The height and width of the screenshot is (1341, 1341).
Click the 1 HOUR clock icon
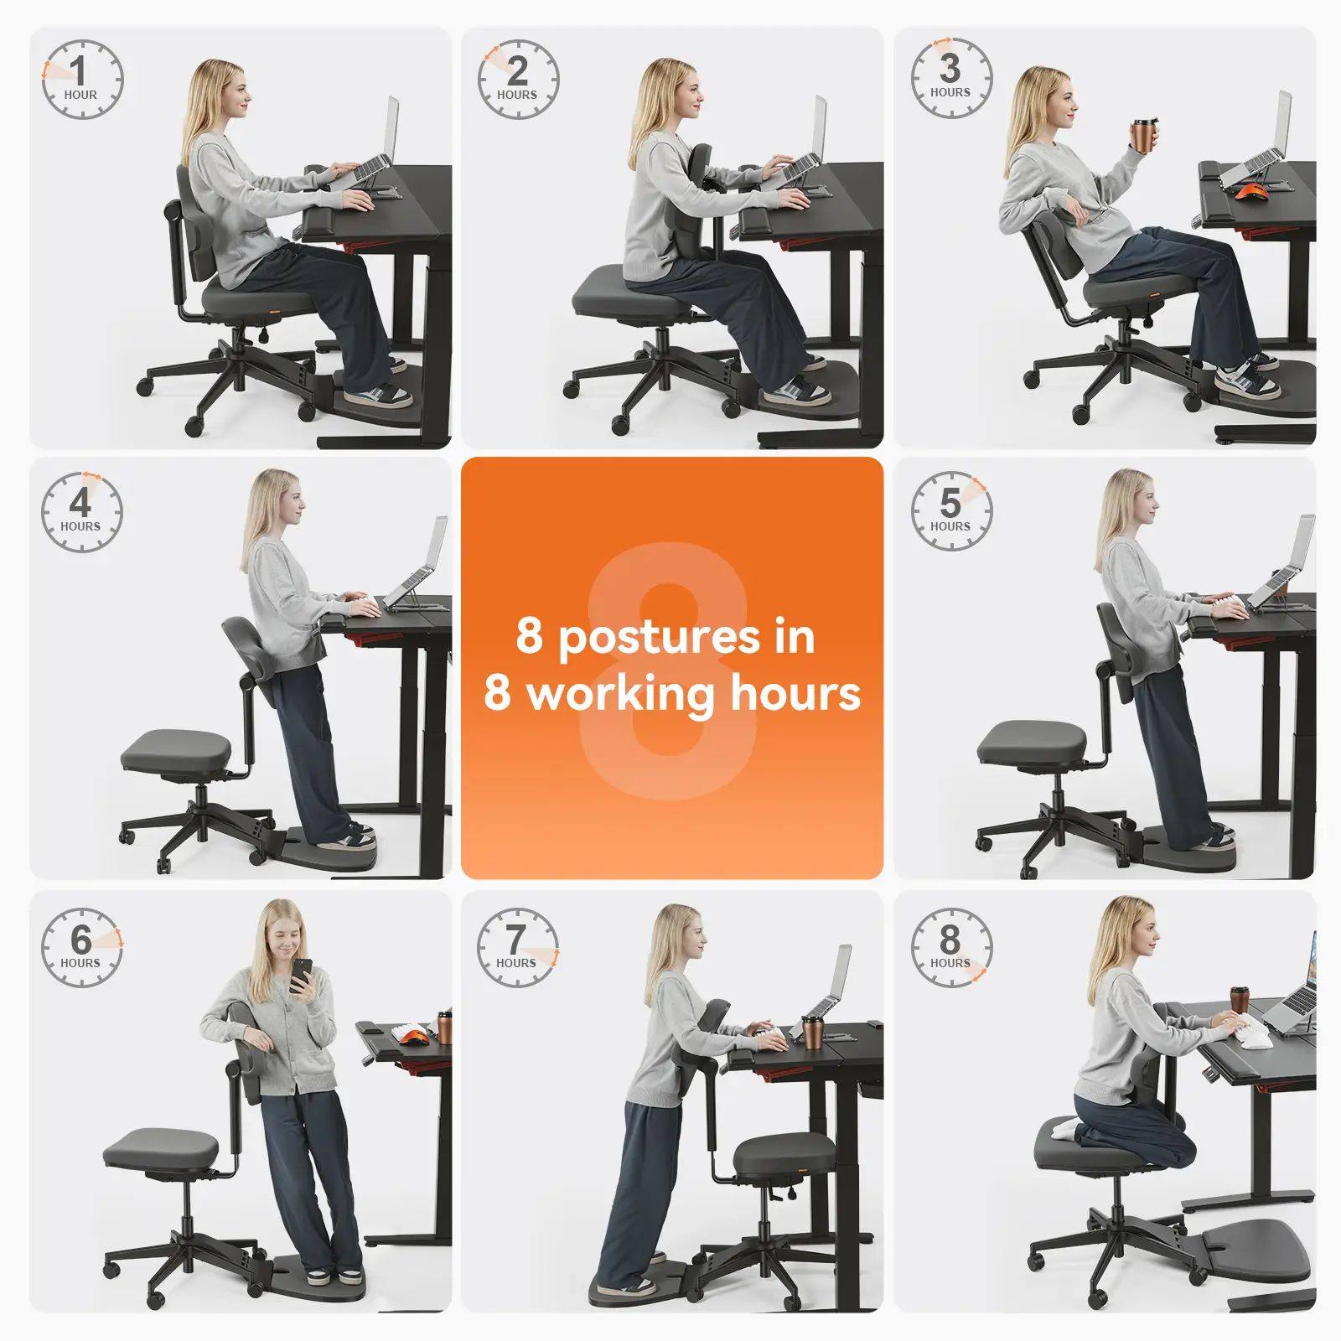point(82,80)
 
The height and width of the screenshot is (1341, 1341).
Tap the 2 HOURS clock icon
point(518,80)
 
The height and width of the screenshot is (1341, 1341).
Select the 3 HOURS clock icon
point(950,77)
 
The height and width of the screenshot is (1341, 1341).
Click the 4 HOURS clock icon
point(81,512)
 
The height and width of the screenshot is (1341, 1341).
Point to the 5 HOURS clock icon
point(950,511)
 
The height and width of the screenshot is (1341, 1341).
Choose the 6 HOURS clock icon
point(81,947)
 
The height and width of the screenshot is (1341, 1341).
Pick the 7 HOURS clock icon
point(517,947)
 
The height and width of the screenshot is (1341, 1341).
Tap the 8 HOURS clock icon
point(950,947)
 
